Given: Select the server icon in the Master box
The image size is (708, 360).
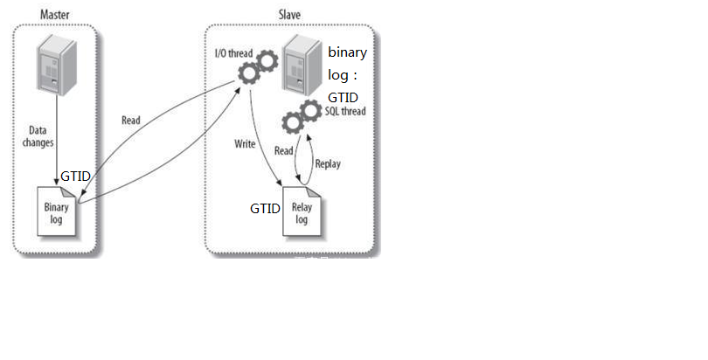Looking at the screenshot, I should point(56,66).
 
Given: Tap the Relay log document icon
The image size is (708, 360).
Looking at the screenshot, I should point(301,214).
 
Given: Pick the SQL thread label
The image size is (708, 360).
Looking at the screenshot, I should point(345,112).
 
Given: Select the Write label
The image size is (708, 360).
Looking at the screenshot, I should point(245,142).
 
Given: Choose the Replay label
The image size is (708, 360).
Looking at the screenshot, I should point(328,163).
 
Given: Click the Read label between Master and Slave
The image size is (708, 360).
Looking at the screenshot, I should point(131,121).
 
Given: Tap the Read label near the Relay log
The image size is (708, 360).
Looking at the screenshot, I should point(284,151).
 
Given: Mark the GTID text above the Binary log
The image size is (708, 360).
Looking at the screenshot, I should point(76,177).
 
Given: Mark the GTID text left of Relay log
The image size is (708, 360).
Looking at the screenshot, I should point(265,209).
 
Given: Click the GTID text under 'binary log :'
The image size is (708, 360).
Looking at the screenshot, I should point(343,97).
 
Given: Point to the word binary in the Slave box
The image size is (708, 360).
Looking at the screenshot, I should point(347,52).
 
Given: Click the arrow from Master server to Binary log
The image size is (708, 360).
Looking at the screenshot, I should point(57,140).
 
